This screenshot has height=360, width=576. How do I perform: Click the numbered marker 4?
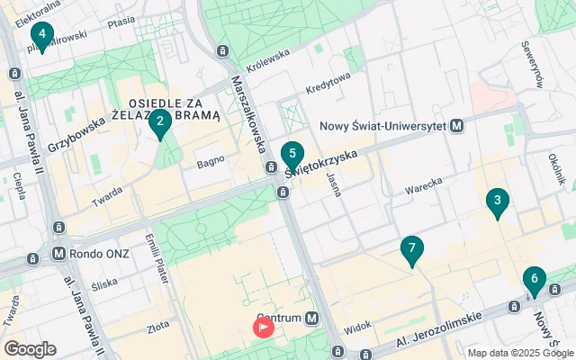(40, 35)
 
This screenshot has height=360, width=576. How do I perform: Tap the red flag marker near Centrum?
(264, 327)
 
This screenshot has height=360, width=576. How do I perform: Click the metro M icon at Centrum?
(311, 318)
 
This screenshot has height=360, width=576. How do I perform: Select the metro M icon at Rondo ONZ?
(59, 254)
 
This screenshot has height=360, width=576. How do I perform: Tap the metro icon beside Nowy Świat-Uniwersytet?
(457, 126)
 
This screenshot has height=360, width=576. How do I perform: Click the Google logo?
(30, 349)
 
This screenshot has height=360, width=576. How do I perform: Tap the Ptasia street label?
(121, 20)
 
